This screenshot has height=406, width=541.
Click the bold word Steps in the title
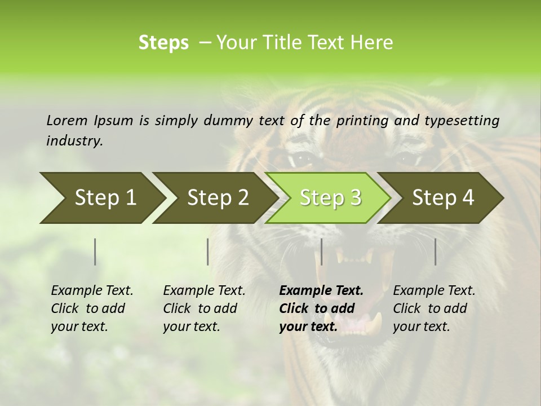(x=163, y=42)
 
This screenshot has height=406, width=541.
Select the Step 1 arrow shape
(x=101, y=198)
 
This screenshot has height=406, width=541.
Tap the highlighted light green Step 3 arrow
(x=328, y=198)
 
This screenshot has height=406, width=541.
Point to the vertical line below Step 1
(x=95, y=251)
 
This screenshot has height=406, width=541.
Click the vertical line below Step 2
(x=208, y=251)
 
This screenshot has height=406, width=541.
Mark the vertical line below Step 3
(x=321, y=251)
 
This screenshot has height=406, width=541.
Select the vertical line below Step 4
(x=435, y=251)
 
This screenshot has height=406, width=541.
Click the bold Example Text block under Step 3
(x=321, y=308)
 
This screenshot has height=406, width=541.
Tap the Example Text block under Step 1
(x=92, y=308)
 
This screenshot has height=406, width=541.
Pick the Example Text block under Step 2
(x=204, y=308)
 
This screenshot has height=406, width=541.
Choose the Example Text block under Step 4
(x=434, y=308)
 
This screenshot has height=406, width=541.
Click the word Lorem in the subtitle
(x=67, y=120)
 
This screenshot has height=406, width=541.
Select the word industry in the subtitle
(x=74, y=140)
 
